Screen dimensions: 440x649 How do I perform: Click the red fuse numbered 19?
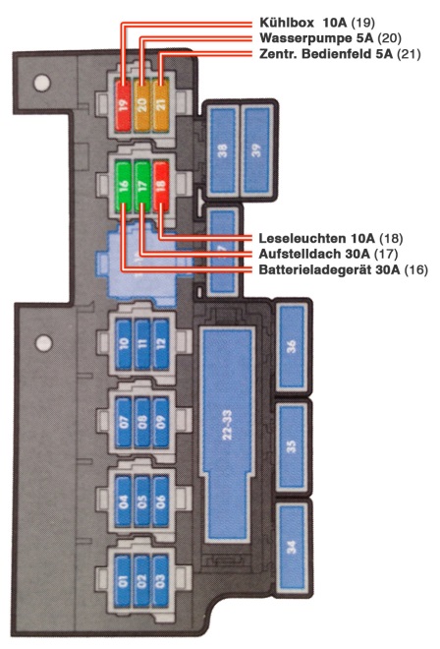pyautogui.click(x=123, y=105)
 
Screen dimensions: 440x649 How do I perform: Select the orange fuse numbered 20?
pyautogui.click(x=141, y=105)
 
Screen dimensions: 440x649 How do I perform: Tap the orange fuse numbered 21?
pyautogui.click(x=161, y=105)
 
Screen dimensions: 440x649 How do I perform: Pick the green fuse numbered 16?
pyautogui.click(x=123, y=186)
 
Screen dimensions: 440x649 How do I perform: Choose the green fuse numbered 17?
pyautogui.click(x=141, y=186)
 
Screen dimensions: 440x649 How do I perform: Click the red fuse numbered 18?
pyautogui.click(x=161, y=186)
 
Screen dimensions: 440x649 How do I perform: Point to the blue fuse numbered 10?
pyautogui.click(x=123, y=344)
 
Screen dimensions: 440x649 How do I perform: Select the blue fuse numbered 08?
pyautogui.click(x=142, y=422)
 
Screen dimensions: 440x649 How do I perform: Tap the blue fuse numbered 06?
pyautogui.click(x=161, y=501)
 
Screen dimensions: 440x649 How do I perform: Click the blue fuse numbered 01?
pyautogui.click(x=123, y=580)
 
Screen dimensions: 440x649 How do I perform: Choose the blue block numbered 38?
pyautogui.click(x=223, y=149)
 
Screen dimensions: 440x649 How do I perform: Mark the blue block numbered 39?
pyautogui.click(x=256, y=149)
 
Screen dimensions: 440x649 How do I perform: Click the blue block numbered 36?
pyautogui.click(x=292, y=346)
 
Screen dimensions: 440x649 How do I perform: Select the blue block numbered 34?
pyautogui.click(x=292, y=547)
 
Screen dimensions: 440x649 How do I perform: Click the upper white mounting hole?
pyautogui.click(x=42, y=83)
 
